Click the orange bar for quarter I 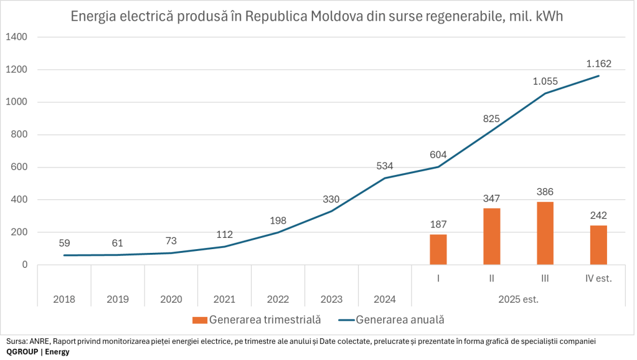pyautogui.click(x=438, y=249)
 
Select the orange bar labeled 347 pyautogui.click(x=491, y=236)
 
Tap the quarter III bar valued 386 pyautogui.click(x=545, y=233)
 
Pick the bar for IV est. pyautogui.click(x=598, y=245)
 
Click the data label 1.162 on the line pyautogui.click(x=599, y=64)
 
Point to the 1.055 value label pyautogui.click(x=545, y=81)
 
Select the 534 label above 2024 pyautogui.click(x=385, y=166)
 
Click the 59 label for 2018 pyautogui.click(x=64, y=243)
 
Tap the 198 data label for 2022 pyautogui.click(x=278, y=220)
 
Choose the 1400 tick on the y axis pyautogui.click(x=16, y=37)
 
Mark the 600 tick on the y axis pyautogui.click(x=19, y=168)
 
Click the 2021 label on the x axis pyautogui.click(x=224, y=299)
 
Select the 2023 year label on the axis pyautogui.click(x=331, y=299)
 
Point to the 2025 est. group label pyautogui.click(x=518, y=299)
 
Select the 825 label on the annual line pyautogui.click(x=492, y=118)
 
